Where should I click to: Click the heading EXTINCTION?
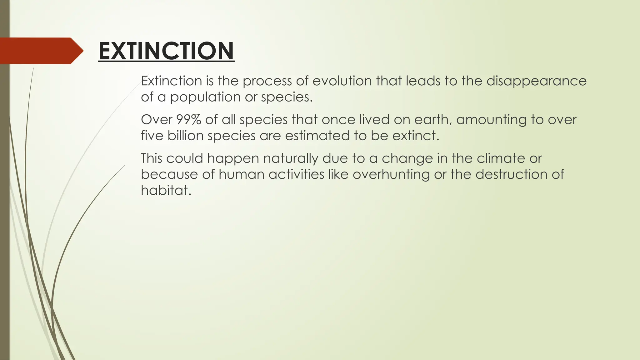[x=166, y=51]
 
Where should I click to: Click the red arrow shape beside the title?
[x=41, y=51]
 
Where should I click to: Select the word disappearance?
[x=536, y=81]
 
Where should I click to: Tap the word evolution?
[x=342, y=81]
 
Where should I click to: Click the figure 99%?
[x=188, y=120]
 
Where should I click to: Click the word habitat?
[x=166, y=190]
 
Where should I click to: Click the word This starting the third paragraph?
[x=151, y=158]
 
